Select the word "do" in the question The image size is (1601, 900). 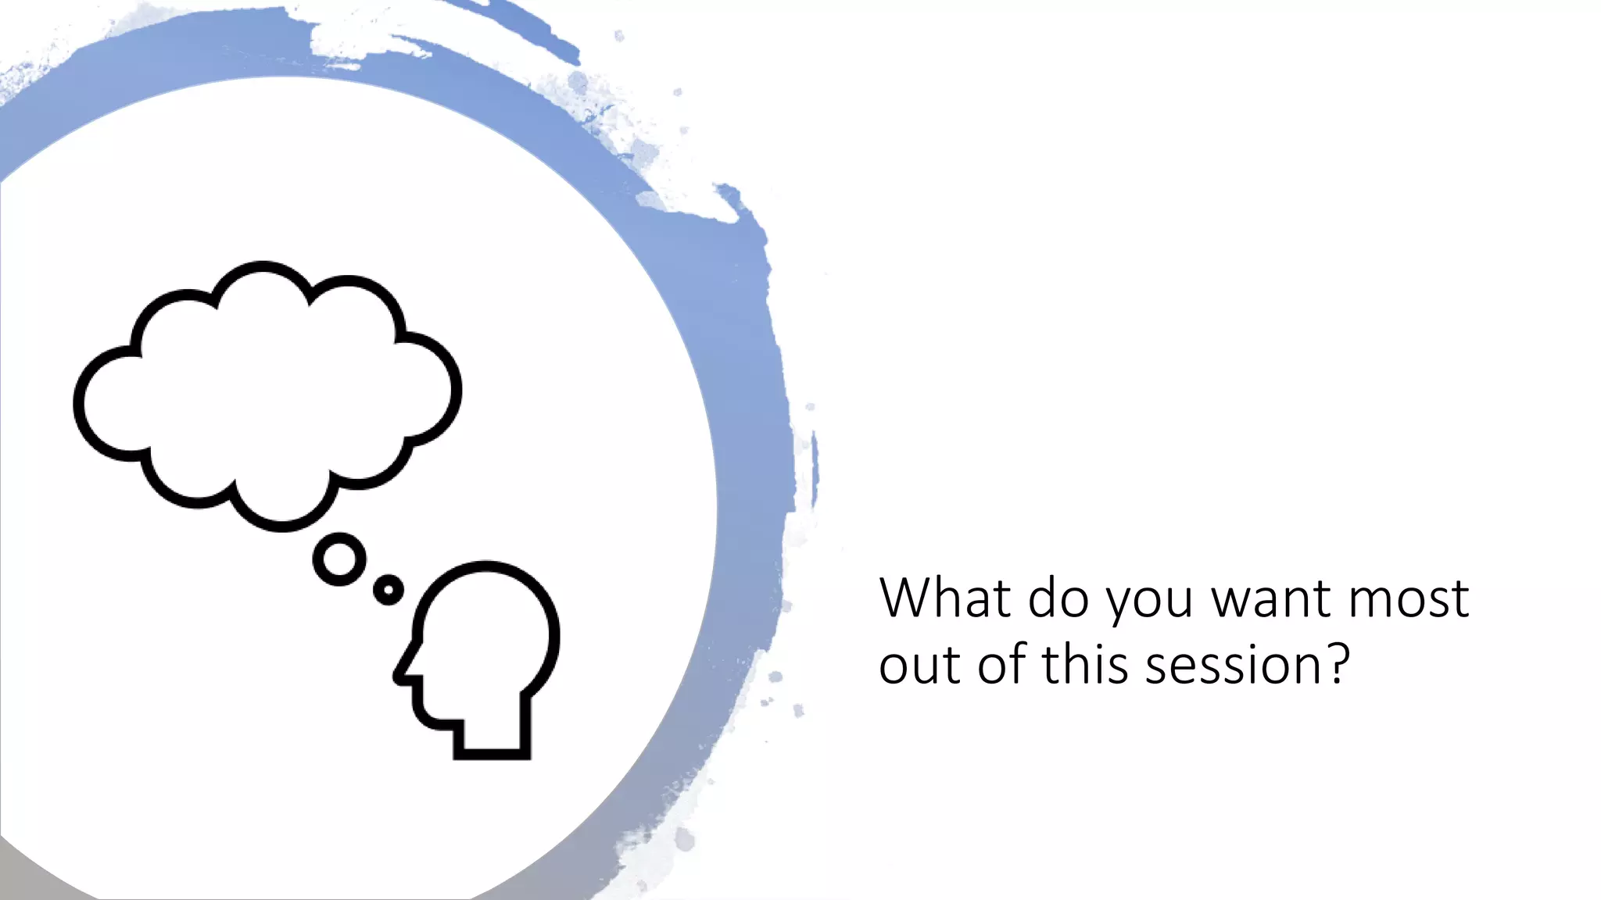(1058, 599)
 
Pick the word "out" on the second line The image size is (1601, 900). (920, 666)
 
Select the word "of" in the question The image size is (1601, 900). (1002, 665)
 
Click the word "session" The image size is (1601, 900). (1233, 666)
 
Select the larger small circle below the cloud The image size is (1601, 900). (339, 559)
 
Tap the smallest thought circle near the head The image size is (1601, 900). (389, 590)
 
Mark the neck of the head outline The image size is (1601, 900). (492, 734)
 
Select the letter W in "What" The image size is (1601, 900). (907, 599)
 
